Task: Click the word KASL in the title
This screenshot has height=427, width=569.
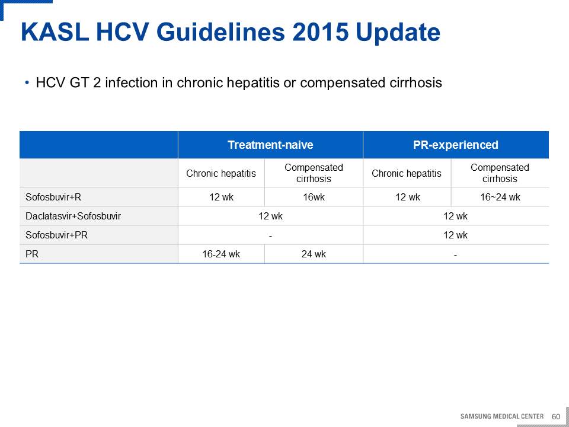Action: tap(55, 31)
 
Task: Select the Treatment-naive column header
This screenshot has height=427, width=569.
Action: tap(270, 145)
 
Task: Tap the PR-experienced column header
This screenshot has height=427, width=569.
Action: tap(455, 145)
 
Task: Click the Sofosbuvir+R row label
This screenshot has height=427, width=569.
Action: tap(53, 197)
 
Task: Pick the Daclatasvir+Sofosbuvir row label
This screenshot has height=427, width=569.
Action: tap(73, 216)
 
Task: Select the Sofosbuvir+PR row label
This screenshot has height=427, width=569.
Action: tap(56, 235)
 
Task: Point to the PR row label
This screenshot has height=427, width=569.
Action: tap(32, 254)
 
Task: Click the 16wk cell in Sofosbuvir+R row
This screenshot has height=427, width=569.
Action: tap(314, 197)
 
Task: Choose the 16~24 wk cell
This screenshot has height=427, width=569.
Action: tap(500, 197)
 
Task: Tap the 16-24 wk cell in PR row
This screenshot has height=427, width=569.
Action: tap(221, 254)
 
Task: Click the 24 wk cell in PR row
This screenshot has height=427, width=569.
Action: tap(314, 254)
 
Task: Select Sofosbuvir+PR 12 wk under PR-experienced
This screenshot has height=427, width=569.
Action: tap(455, 235)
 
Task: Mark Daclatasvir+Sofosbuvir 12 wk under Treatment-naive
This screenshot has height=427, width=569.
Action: tap(270, 216)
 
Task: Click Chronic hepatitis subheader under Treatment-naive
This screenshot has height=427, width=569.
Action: tap(221, 173)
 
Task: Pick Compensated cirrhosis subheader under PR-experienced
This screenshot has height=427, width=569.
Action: tap(500, 173)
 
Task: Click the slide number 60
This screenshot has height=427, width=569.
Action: tap(555, 416)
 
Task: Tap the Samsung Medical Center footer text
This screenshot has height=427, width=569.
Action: tap(502, 416)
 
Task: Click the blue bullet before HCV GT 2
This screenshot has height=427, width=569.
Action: tap(27, 83)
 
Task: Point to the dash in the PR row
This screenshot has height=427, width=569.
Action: tap(455, 255)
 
